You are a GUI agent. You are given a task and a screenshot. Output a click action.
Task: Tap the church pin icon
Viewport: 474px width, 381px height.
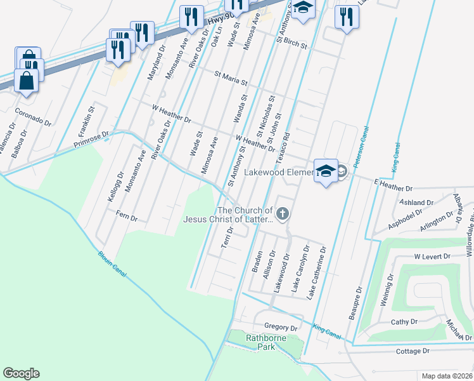click(x=283, y=214)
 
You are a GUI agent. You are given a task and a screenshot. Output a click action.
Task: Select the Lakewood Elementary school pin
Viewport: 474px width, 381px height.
click(x=326, y=172)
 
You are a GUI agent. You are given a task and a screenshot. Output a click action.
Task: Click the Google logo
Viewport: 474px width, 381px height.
click(x=21, y=373)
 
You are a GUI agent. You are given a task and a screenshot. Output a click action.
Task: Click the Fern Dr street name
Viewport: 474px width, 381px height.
click(x=127, y=217)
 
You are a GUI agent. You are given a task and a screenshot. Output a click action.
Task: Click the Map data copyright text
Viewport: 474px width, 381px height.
click(x=447, y=376)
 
